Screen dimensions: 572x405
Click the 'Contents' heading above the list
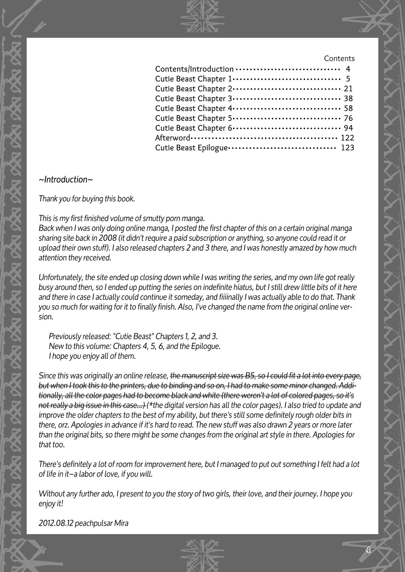(339, 59)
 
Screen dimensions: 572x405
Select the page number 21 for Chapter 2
(348, 89)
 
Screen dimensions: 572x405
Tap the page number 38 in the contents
(348, 99)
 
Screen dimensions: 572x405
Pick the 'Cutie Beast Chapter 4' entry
(194, 109)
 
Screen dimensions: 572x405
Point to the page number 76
(348, 118)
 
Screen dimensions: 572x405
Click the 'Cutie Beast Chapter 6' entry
(194, 128)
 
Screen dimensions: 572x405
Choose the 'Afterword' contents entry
(172, 138)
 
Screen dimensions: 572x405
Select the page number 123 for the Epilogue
(347, 148)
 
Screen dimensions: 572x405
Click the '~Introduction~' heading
(66, 180)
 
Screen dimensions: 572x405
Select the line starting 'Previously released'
(133, 336)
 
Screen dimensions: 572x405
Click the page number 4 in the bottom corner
(368, 550)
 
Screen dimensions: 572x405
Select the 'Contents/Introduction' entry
(194, 69)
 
